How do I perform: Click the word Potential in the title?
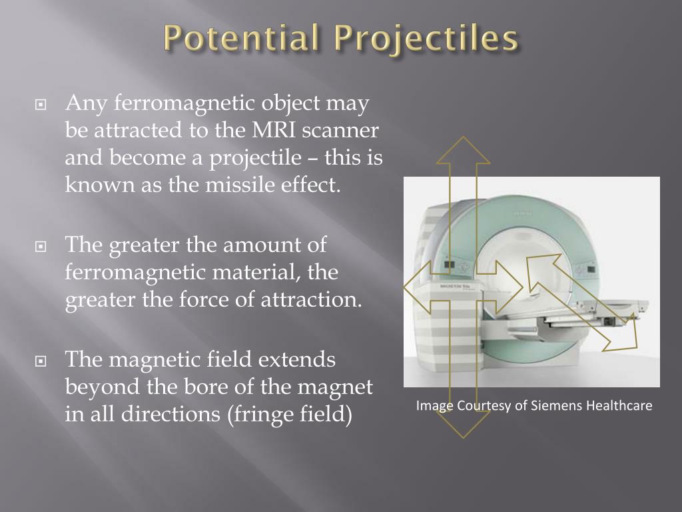tap(238, 39)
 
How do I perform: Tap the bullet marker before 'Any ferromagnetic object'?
tap(41, 105)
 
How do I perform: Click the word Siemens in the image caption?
tap(557, 405)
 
